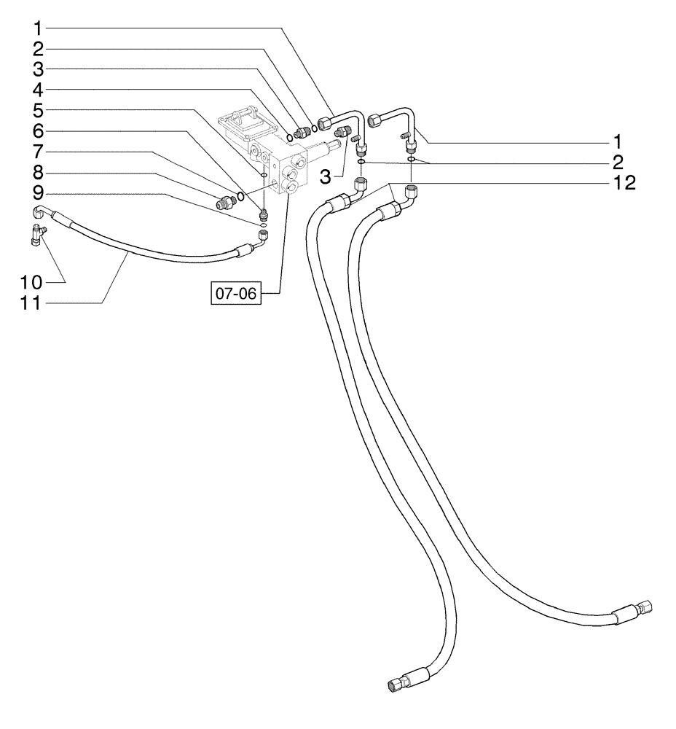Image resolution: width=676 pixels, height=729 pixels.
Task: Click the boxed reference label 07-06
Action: (x=235, y=294)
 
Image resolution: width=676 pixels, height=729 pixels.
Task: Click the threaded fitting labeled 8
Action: (x=222, y=201)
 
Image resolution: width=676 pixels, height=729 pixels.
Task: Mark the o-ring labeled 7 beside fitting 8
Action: (x=240, y=195)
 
